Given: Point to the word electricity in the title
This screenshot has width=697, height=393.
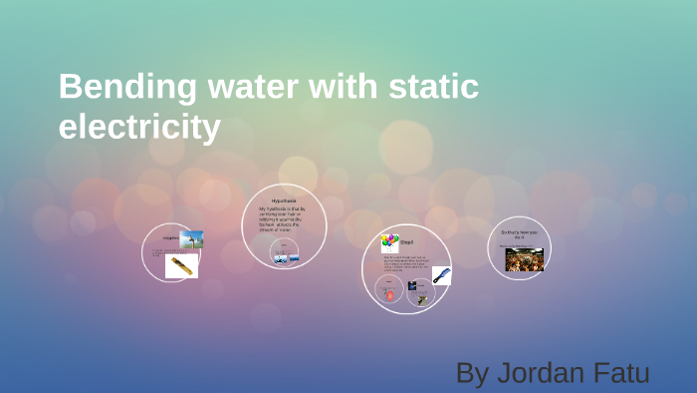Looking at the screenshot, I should coord(138,127).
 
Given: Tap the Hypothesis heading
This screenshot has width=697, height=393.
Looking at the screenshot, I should coord(284,200).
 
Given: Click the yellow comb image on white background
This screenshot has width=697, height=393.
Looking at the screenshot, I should coord(181,266).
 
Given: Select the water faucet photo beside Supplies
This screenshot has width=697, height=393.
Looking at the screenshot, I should coord(192,239).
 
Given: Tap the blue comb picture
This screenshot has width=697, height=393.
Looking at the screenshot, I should coord(441,274).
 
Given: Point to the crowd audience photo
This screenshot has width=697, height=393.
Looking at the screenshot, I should coord(524,259).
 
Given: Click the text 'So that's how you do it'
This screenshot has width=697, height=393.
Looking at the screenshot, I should coord(519,234).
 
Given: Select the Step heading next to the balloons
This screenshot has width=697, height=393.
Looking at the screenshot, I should coord(406,242).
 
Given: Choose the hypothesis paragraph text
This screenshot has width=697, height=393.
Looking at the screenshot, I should coord(283,219).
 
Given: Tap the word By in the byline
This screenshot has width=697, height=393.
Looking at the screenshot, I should coord(471,373).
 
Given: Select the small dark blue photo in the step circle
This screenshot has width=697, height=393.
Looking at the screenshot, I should coord(411,285).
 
